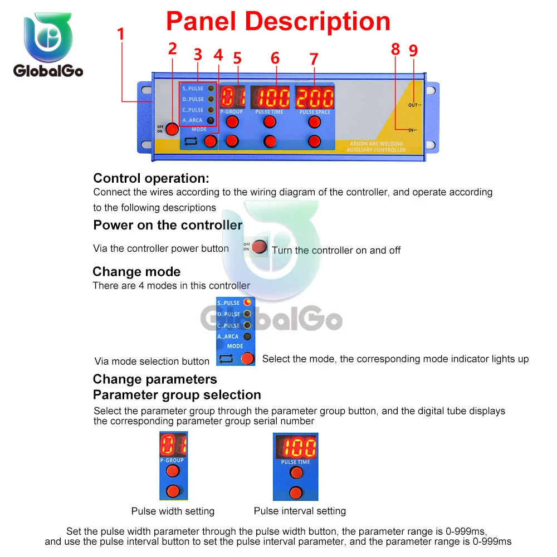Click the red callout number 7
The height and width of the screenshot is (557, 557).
tap(314, 59)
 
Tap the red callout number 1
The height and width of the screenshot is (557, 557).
tap(120, 34)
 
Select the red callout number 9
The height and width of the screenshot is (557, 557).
tap(413, 51)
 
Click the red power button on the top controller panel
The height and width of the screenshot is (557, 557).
tap(172, 129)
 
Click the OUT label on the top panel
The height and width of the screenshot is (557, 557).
tap(414, 105)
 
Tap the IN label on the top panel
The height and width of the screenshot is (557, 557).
tap(412, 130)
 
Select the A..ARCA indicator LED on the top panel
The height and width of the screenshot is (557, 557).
tap(211, 120)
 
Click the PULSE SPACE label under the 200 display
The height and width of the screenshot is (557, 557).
tap(315, 112)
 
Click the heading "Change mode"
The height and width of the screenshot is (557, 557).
tap(136, 272)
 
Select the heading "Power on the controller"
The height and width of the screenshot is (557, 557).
tap(168, 225)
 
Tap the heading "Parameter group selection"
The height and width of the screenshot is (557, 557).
tap(177, 395)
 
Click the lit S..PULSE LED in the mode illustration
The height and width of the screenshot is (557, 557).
tap(247, 302)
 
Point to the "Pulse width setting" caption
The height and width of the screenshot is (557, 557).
tap(173, 511)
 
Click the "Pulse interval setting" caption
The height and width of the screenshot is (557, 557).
tap(300, 511)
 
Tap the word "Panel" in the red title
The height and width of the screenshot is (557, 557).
tap(203, 21)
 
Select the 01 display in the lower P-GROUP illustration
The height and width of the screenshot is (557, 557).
tap(173, 444)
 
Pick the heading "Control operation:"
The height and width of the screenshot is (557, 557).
tap(151, 178)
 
